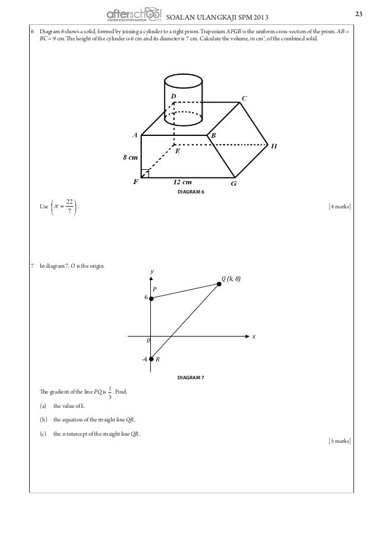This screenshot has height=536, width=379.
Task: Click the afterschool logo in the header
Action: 134,14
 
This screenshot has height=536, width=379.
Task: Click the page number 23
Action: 358,14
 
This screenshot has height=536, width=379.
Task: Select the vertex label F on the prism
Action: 135,182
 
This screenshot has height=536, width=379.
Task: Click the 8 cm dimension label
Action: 131,158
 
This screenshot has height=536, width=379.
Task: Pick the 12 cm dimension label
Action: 183,182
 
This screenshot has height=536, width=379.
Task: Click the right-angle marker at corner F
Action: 145,173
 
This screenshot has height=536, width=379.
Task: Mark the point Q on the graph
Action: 219,285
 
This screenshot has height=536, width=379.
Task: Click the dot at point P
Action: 151,299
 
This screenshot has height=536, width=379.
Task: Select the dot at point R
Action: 151,359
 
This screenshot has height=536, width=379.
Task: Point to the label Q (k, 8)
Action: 231,278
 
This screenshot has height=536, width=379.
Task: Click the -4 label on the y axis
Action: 143,359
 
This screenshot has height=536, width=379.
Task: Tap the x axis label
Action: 254,337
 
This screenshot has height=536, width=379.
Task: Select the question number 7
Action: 31,266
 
